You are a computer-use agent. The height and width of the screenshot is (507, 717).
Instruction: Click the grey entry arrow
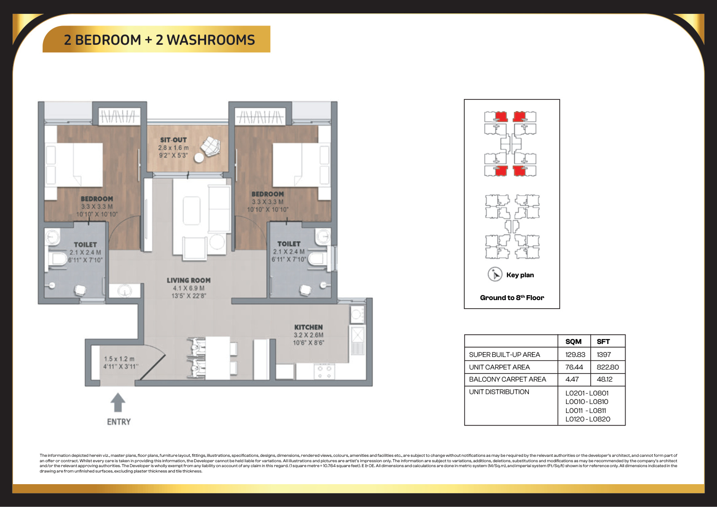pos(118,402)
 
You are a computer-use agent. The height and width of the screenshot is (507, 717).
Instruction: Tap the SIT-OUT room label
pos(173,140)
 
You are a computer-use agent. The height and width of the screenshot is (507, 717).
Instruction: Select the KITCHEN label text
pos(309,327)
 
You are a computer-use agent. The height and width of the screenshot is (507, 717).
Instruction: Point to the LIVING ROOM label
pos(189,280)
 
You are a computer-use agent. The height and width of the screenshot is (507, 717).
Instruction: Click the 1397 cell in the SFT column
pos(604,354)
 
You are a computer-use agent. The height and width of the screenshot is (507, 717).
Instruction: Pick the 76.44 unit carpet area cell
pos(574,367)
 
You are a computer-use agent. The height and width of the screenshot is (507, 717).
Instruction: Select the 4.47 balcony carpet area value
pos(572,379)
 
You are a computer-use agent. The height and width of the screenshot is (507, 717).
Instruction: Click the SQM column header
pos(573,341)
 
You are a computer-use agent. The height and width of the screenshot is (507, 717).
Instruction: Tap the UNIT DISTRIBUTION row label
pos(499,392)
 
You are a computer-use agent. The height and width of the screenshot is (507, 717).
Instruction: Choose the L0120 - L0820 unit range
pos(587,419)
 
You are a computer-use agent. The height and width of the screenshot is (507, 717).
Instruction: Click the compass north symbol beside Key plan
pos(495,275)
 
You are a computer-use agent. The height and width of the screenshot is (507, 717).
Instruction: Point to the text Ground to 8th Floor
pos(512,297)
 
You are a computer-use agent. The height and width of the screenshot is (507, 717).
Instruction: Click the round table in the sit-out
pos(199,158)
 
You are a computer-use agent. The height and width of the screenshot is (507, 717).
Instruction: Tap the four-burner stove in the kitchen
pos(324,372)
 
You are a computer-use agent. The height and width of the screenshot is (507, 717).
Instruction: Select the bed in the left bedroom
pos(74,164)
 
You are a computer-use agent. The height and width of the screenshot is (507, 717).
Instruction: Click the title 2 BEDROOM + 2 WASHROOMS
pos(160,40)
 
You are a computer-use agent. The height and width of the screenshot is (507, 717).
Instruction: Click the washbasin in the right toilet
pos(323,236)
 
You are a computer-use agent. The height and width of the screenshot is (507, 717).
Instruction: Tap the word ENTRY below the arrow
pos(119,422)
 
